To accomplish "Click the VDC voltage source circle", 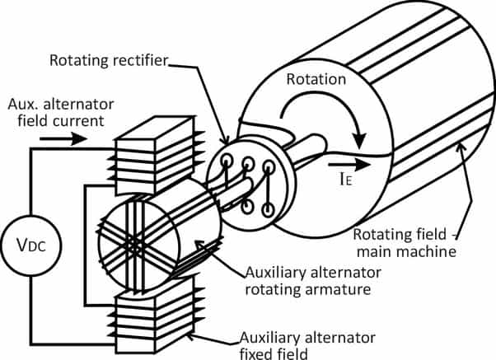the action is pos(31,245).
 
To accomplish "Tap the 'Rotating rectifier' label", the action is pos(109,60).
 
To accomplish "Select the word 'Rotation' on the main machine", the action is pos(316,79).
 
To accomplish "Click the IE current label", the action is pos(345,179).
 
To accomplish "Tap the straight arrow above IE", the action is pos(349,165).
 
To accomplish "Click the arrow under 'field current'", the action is pos(63,138).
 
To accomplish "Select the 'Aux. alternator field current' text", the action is pos(61,113).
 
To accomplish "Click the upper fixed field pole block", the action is pos(155,155).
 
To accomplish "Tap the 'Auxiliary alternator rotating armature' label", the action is pos(313,281).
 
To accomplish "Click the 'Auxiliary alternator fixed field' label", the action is pos(307,345).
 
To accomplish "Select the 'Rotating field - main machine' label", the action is pos(405,243).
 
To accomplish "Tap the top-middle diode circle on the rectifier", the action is pos(248,163).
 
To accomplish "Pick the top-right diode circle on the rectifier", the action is pos(269,166).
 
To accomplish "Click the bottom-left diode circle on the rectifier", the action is pos(247,207).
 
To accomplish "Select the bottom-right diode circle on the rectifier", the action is pos(268,209).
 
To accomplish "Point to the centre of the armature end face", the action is pos(135,245).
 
